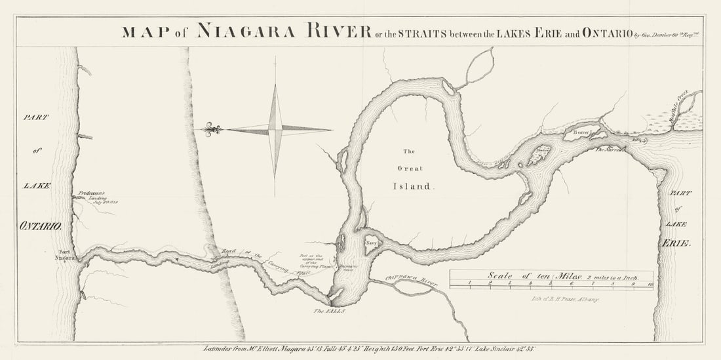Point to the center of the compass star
275,129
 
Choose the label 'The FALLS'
328,311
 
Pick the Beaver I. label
581,133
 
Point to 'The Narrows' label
610,150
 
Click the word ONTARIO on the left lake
41,226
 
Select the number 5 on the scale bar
551,283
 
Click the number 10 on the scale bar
650,283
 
